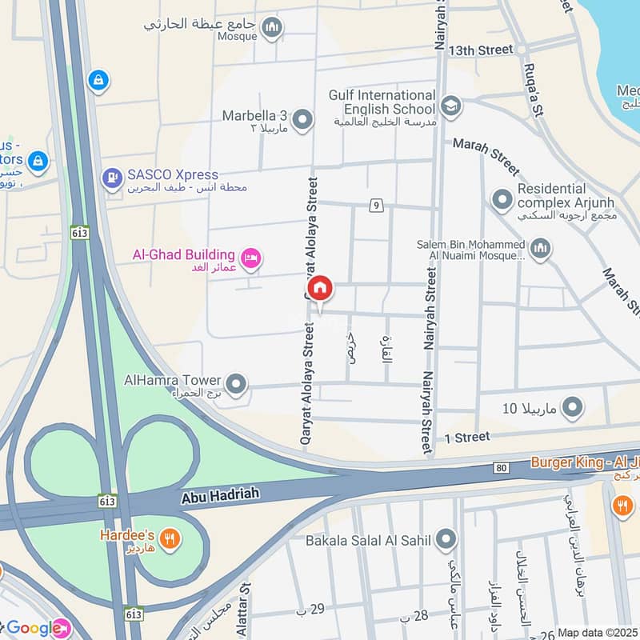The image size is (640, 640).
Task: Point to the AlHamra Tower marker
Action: tap(235, 385)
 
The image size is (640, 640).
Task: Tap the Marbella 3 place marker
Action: tap(302, 121)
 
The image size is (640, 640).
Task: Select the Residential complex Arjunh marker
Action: tap(502, 198)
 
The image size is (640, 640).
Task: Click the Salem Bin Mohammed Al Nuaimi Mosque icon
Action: tap(541, 249)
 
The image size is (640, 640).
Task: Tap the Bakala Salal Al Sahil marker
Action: tap(446, 539)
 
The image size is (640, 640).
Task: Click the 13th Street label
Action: tap(480, 50)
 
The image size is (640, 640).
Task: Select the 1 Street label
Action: tap(466, 437)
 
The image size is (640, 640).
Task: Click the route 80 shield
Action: tap(502, 466)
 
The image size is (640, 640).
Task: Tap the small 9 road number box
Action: tap(375, 206)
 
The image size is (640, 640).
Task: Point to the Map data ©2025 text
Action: tap(597, 632)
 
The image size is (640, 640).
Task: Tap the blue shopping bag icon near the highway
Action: tap(97, 81)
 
